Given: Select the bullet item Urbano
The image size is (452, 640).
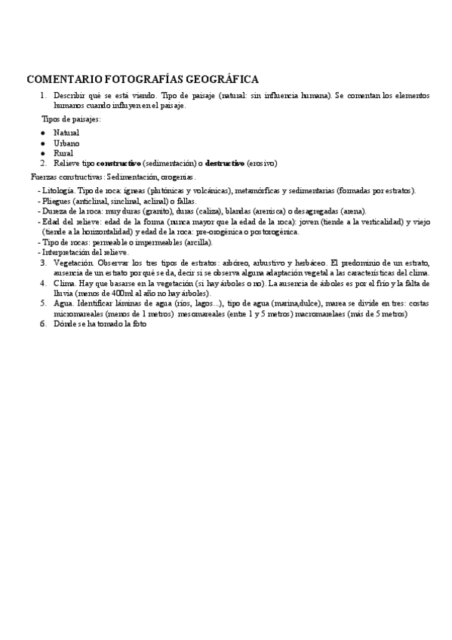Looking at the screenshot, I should tap(66, 143).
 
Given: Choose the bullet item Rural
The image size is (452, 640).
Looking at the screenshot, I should tap(63, 152).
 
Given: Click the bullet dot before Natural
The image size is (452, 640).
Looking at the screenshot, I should tap(44, 133).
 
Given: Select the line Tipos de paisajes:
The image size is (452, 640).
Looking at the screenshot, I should tap(71, 119).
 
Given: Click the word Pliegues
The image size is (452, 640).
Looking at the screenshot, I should tap(57, 202).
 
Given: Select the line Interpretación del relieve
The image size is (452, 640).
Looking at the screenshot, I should tap(85, 252).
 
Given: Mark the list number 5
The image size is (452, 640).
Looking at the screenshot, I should tap(44, 303).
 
